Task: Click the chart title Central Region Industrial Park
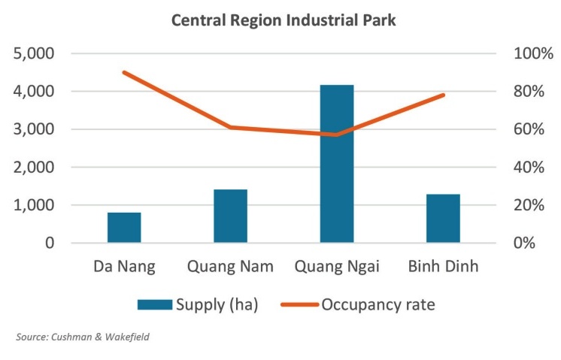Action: click(284, 20)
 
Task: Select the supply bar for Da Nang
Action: click(124, 227)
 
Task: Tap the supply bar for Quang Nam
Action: click(230, 216)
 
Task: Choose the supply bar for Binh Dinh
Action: click(443, 218)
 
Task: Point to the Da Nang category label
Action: click(124, 267)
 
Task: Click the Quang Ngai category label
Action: click(336, 267)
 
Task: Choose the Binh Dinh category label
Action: click(443, 267)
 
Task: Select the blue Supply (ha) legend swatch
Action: click(154, 304)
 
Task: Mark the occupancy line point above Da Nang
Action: click(124, 72)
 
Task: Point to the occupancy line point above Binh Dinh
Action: click(443, 95)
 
